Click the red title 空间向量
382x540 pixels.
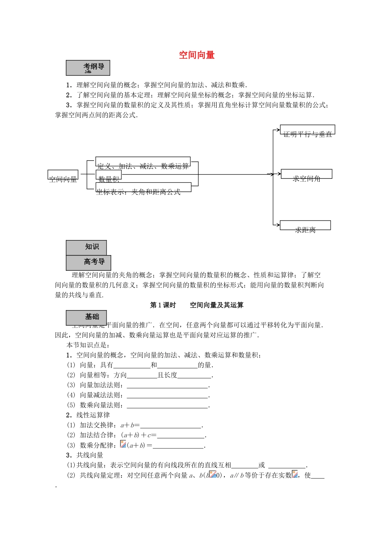tap(197, 55)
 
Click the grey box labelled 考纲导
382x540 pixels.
tap(88, 68)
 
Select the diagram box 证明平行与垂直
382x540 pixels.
tap(308, 130)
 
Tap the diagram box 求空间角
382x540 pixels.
tap(306, 174)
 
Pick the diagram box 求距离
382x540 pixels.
tap(305, 225)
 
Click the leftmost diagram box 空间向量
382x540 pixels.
tap(63, 175)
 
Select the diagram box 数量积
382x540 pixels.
tap(109, 175)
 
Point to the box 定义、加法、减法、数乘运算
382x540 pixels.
tap(143, 162)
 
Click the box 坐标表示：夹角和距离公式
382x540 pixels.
tap(144, 187)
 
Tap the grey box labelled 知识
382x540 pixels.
tap(86, 247)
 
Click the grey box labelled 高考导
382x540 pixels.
tap(88, 262)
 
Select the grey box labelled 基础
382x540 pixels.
tap(86, 317)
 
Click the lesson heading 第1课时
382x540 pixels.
tap(163, 305)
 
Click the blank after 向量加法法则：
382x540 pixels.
tap(168, 385)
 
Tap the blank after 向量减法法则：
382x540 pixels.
tap(168, 395)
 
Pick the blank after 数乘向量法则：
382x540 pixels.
tap(168, 405)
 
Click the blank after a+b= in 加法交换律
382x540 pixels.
tap(171, 425)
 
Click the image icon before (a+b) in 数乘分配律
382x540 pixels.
tap(123, 444)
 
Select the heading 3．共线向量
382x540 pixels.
tap(85, 455)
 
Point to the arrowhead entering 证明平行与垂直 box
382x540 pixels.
tap(278, 130)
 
